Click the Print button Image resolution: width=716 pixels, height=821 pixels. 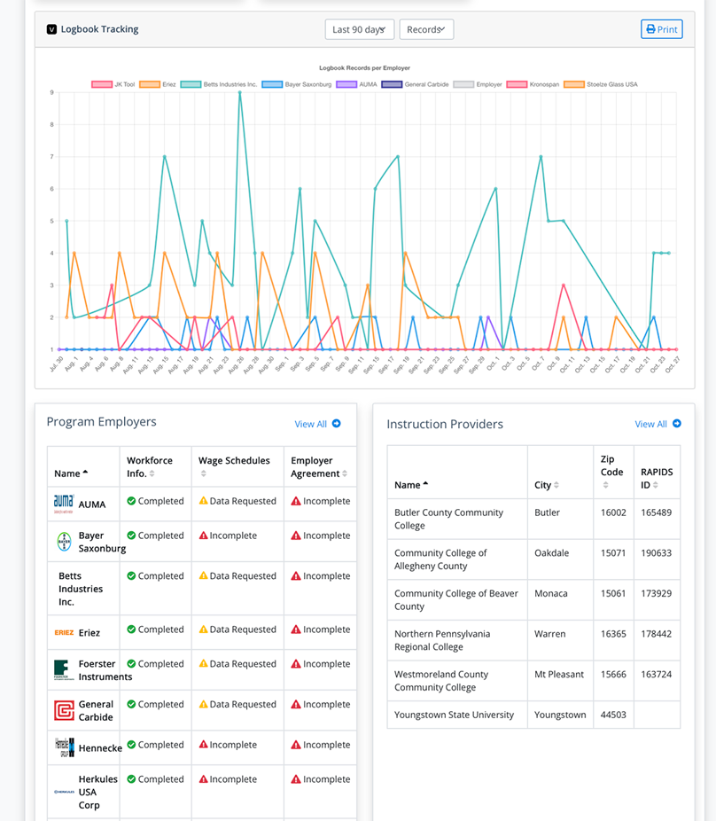pos(661,29)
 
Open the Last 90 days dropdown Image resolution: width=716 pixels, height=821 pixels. pos(359,29)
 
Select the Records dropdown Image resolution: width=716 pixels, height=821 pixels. pos(426,29)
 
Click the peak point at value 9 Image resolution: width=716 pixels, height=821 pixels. pos(239,92)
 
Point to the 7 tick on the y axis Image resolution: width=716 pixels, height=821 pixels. pos(51,157)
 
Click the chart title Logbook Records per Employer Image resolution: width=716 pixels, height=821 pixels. pos(364,67)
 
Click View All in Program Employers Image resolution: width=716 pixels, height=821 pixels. pos(317,424)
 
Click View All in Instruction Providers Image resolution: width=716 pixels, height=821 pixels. pos(658,424)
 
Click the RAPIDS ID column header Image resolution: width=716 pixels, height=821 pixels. pos(657,479)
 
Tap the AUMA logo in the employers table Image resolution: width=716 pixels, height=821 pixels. pos(64,503)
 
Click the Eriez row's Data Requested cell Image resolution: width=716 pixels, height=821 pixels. pos(237,629)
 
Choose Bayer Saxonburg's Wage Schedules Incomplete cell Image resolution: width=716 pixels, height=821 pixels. pos(228,536)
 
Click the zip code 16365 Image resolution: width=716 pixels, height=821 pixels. pos(613,634)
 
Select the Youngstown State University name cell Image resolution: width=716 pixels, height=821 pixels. pos(454,715)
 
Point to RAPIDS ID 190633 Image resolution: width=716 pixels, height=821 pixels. pos(657,553)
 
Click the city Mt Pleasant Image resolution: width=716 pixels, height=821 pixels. pos(559,674)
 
